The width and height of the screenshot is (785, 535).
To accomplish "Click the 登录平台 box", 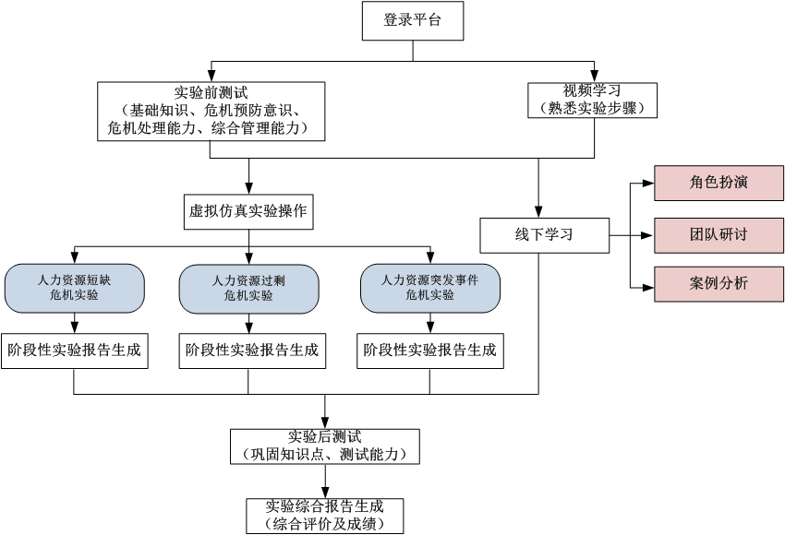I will (412, 21).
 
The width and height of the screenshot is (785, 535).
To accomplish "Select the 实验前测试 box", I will (211, 111).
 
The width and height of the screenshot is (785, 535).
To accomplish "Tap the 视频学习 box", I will (592, 100).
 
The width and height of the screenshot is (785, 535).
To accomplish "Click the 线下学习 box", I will (544, 235).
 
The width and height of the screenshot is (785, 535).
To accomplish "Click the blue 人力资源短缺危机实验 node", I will (74, 288).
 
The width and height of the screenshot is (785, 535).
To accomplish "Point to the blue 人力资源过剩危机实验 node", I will (248, 288).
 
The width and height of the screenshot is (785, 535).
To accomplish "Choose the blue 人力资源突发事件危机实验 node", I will (429, 288).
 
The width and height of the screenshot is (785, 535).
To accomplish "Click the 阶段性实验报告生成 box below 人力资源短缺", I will (74, 351).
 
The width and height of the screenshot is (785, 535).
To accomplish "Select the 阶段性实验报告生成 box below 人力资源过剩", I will (251, 351).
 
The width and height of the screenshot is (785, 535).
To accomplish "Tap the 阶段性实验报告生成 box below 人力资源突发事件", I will (429, 351).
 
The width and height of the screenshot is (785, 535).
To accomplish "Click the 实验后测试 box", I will (324, 446).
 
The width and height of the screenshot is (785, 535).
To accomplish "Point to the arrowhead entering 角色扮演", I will (649, 184).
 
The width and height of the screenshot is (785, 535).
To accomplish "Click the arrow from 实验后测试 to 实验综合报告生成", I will (324, 481).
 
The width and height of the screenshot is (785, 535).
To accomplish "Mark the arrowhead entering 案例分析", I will (649, 286).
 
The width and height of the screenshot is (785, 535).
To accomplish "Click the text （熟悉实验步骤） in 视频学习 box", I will (592, 108).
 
